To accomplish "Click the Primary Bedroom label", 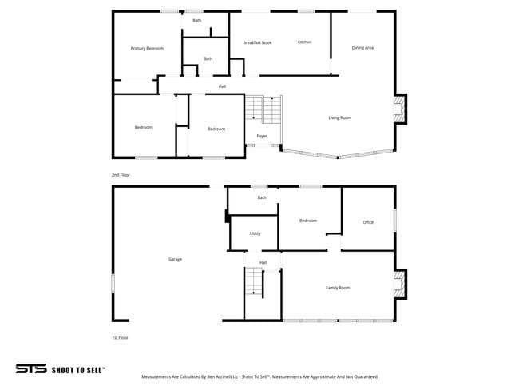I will pos(147,49).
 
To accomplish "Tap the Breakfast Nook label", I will pos(257,42).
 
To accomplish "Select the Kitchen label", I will pos(304,42).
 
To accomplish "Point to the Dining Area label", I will pos(363,48).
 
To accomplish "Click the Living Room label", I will pos(340,117).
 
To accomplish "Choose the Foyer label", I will pos(261,137).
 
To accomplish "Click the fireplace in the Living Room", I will pos(399,110).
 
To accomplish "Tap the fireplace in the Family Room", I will pos(399,283).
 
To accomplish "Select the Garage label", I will pos(175,259).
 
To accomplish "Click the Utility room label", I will pos(255,233).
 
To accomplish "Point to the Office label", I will pos(368,222).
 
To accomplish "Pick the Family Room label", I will pos(337,288).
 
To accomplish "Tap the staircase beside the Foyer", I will pos(263,109).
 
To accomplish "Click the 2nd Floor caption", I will pos(121,174).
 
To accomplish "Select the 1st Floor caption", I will pos(120,338).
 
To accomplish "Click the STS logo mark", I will pos(30,369).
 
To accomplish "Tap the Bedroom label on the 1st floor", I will pos(307,221).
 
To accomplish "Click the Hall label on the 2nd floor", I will pos(222,86).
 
